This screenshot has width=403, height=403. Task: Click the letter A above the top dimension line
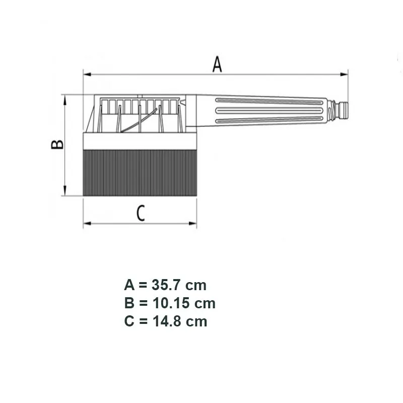click(217, 64)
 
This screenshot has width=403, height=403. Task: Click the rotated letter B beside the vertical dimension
click(57, 145)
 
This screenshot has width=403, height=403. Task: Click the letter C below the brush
click(141, 213)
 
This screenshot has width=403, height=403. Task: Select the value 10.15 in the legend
click(171, 303)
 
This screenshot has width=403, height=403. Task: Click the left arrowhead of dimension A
click(87, 74)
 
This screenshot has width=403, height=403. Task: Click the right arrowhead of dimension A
click(344, 74)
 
